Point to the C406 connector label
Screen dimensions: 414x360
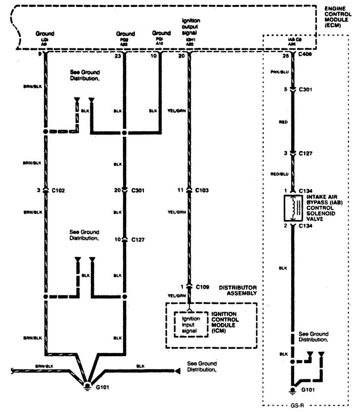click(x=306, y=56)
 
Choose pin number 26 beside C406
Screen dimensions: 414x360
click(x=285, y=56)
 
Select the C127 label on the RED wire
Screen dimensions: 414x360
click(x=306, y=153)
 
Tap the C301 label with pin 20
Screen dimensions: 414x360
click(x=139, y=189)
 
